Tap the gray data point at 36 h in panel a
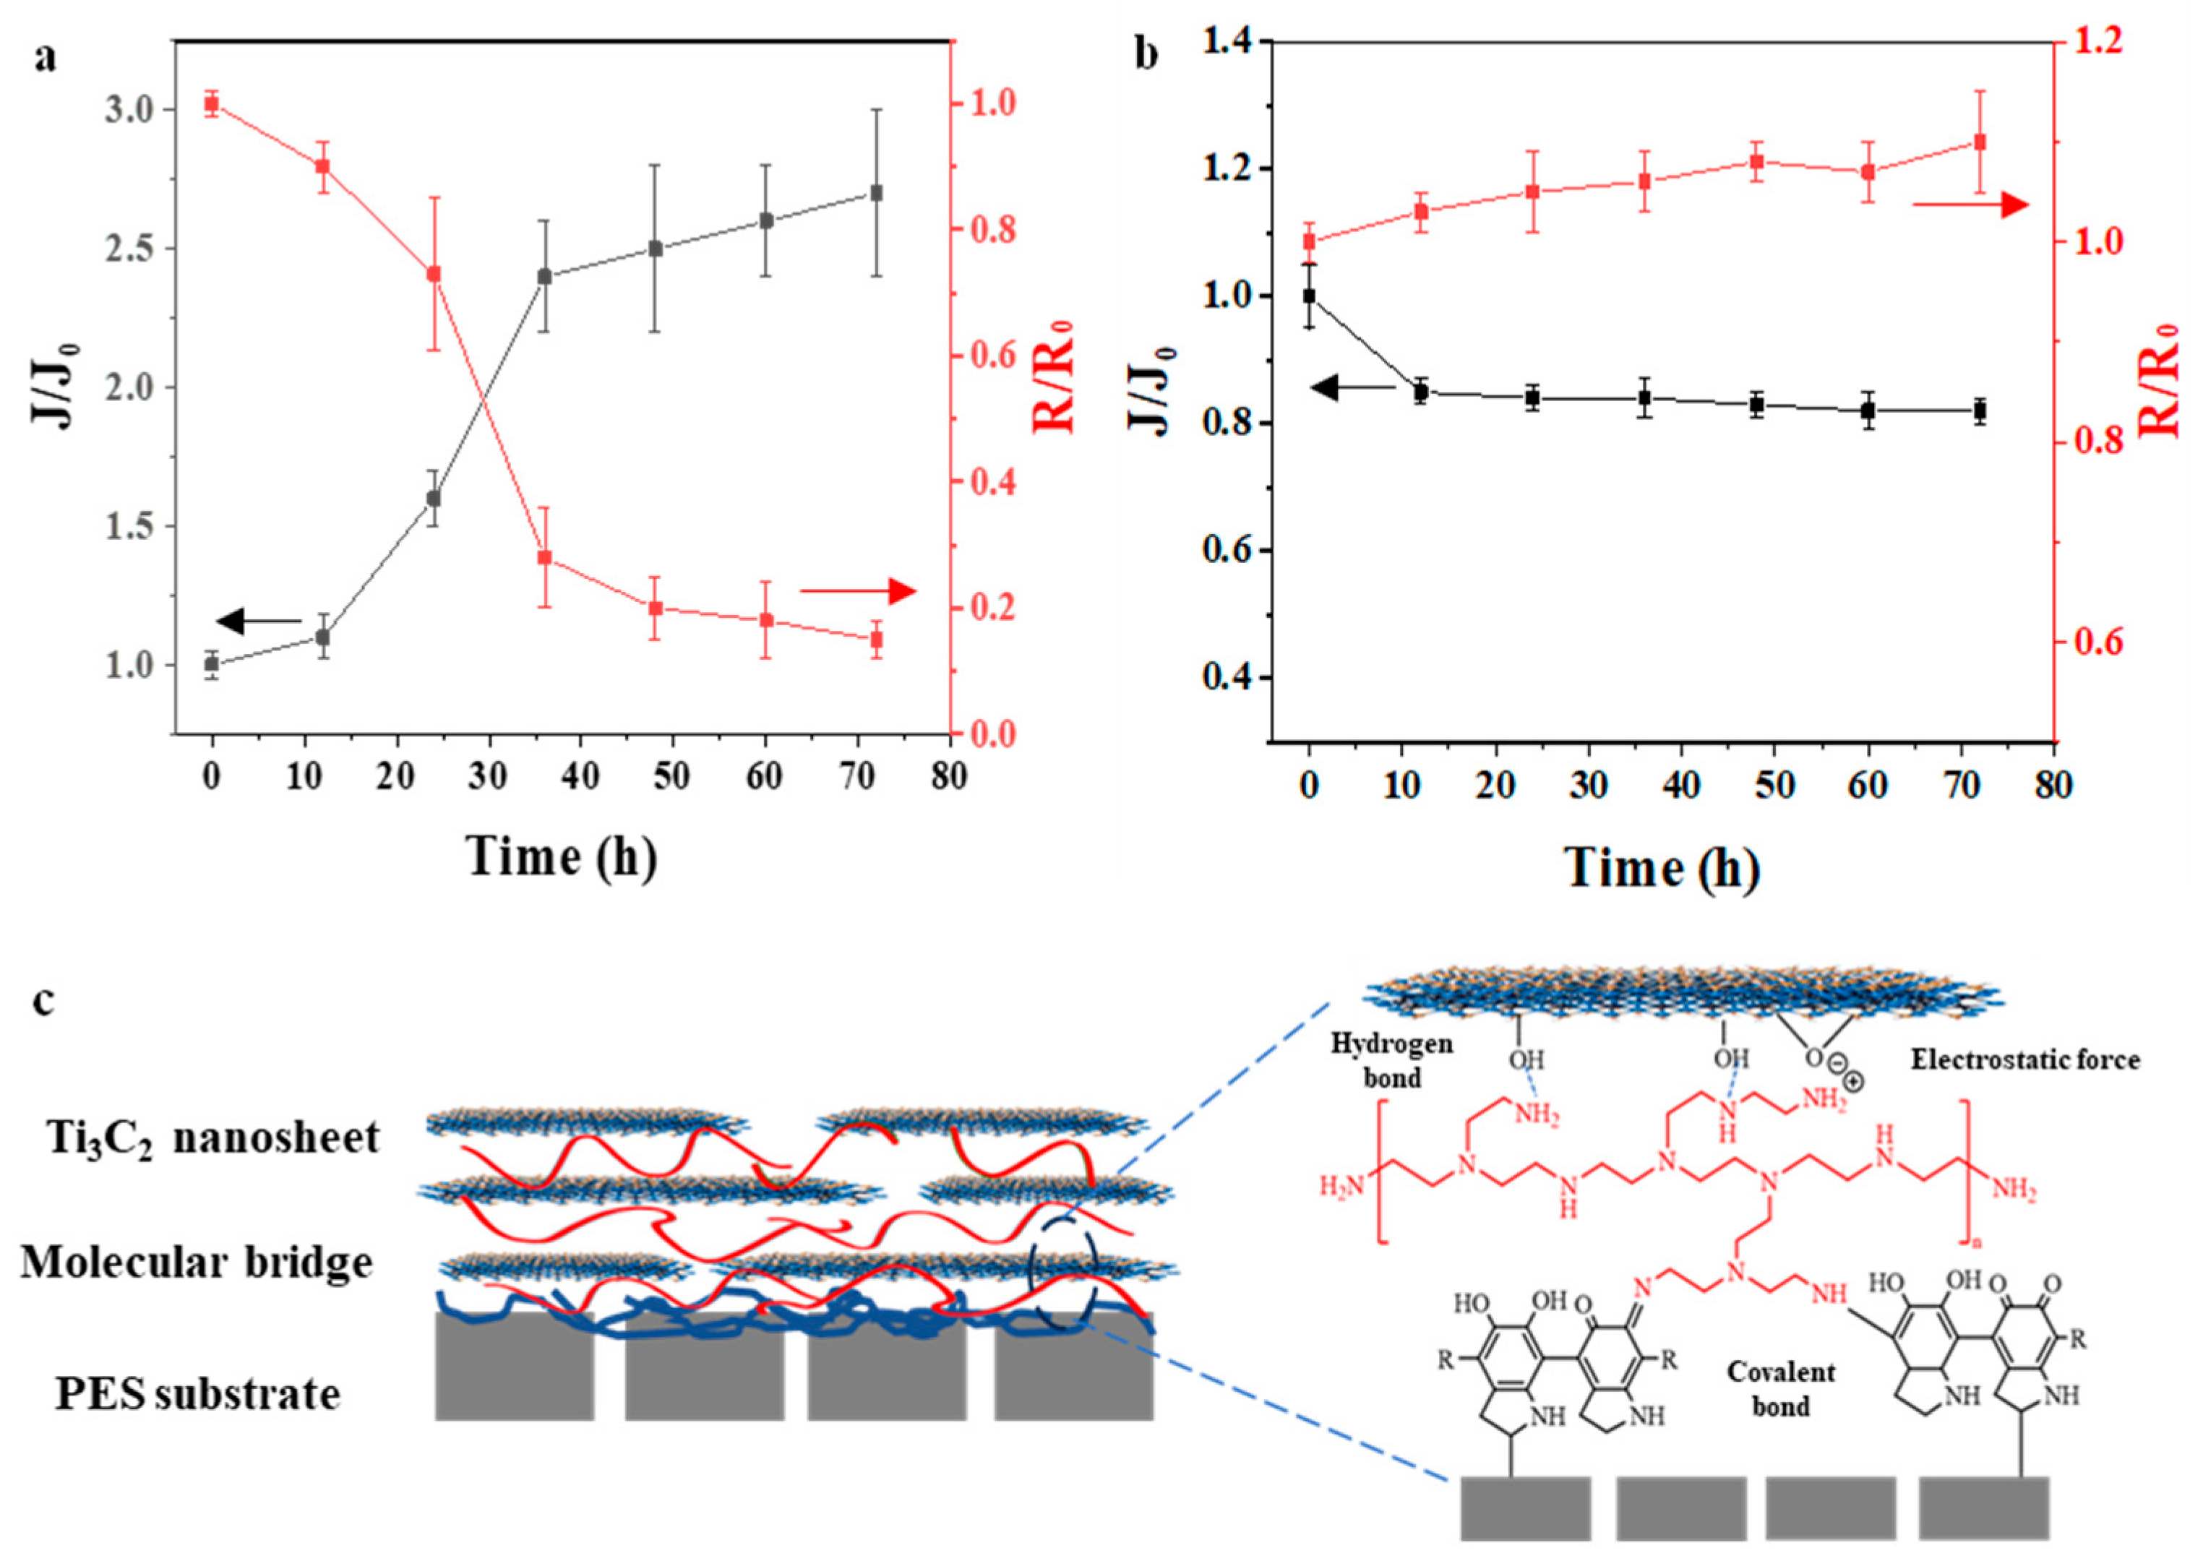[x=545, y=276]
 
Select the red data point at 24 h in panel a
[x=434, y=274]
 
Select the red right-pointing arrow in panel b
[x=1970, y=205]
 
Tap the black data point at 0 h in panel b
[x=1309, y=296]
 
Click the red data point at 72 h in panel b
[x=1980, y=142]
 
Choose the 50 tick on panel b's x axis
[x=1774, y=786]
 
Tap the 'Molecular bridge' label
[x=197, y=1262]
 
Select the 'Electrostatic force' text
[x=2024, y=1059]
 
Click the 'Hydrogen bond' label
[x=1391, y=1060]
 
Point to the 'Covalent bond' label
[x=1780, y=1389]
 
